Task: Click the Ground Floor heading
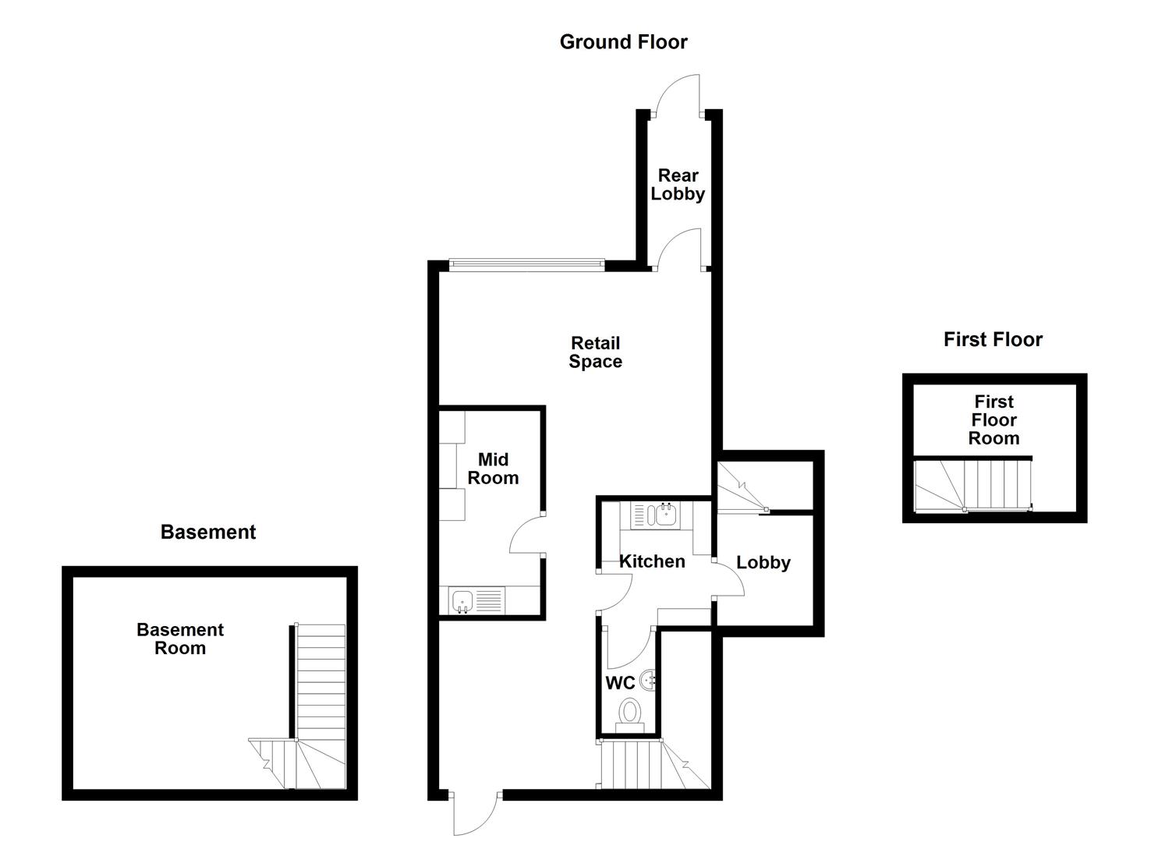pyautogui.click(x=623, y=42)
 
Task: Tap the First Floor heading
pyautogui.click(x=992, y=340)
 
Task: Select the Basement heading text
pyautogui.click(x=207, y=532)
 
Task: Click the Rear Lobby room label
pyautogui.click(x=678, y=185)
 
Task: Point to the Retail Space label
pyautogui.click(x=595, y=352)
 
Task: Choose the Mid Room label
pyautogui.click(x=493, y=469)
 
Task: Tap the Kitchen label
pyautogui.click(x=652, y=561)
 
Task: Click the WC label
pyautogui.click(x=620, y=684)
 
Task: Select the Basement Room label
pyautogui.click(x=180, y=639)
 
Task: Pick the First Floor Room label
pyautogui.click(x=993, y=420)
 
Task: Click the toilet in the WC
pyautogui.click(x=629, y=713)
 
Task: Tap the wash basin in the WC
pyautogui.click(x=649, y=680)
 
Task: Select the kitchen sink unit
pyautogui.click(x=655, y=515)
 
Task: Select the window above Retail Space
pyautogui.click(x=526, y=265)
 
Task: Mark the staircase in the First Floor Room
pyautogui.click(x=972, y=484)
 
